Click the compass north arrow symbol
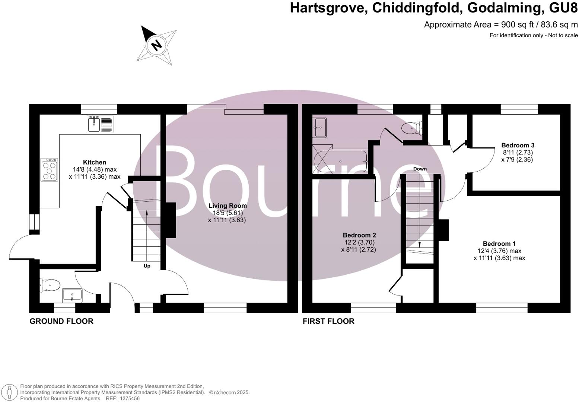pos(156,45)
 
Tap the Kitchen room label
pos(94,162)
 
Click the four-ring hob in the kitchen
pos(50,170)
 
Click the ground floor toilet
pos(50,285)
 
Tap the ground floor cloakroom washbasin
pos(72,295)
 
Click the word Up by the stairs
pos(147,266)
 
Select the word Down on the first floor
pos(420,169)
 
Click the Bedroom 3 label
pos(518,145)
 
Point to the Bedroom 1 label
pos(499,244)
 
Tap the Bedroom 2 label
pos(359,235)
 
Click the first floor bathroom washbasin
pos(320,128)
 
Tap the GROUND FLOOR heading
pos(61,321)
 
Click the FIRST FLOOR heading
pos(328,321)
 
